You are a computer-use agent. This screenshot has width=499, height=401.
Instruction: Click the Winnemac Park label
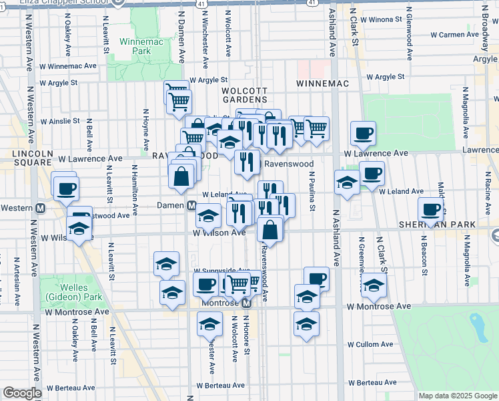(x=136, y=45)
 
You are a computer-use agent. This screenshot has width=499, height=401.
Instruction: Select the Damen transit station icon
(x=191, y=205)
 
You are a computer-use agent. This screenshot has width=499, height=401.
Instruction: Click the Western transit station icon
(x=40, y=208)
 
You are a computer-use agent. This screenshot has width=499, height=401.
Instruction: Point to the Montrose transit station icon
(x=245, y=303)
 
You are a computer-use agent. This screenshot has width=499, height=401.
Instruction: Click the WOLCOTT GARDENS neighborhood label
(x=244, y=94)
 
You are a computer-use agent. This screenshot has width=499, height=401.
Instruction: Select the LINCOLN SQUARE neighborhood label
(x=27, y=159)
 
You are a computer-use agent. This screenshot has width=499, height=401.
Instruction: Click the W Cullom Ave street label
(x=372, y=345)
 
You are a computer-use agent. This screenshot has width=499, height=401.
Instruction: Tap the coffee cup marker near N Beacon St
(x=430, y=210)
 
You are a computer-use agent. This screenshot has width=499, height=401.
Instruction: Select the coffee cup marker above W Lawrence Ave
(x=363, y=133)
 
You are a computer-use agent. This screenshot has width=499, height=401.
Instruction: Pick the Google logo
(x=22, y=393)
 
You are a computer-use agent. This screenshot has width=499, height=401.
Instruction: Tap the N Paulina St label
(x=312, y=191)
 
